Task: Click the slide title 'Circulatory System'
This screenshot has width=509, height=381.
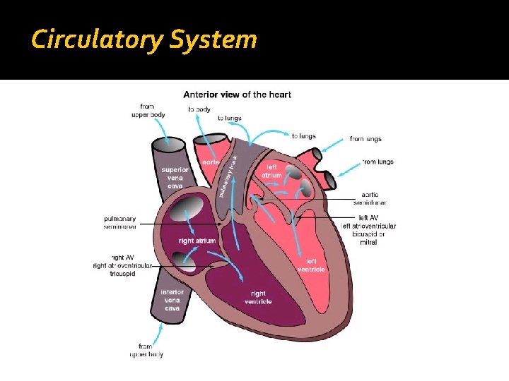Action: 144,40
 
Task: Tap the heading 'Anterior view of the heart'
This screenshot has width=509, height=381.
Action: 237,95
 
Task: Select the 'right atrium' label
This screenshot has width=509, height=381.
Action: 197,241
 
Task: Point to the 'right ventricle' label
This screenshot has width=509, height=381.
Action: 258,298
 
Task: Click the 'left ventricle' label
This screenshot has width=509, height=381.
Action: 311,265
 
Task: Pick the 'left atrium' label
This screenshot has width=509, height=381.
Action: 271,171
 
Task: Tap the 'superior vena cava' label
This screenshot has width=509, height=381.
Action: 175,178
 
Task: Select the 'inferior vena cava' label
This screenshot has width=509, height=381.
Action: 172,300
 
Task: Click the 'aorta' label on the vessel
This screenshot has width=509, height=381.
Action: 211,162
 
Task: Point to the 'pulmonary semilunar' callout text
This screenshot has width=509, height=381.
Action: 120,223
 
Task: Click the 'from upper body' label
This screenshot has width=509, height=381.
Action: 148,111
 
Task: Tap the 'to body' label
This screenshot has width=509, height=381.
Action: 199,109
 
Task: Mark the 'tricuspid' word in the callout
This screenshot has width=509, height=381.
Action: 122,274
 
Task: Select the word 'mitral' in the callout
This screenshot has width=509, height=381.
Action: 368,242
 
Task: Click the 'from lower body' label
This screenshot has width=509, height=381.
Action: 146,350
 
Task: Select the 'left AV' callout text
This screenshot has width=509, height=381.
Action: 368,218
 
